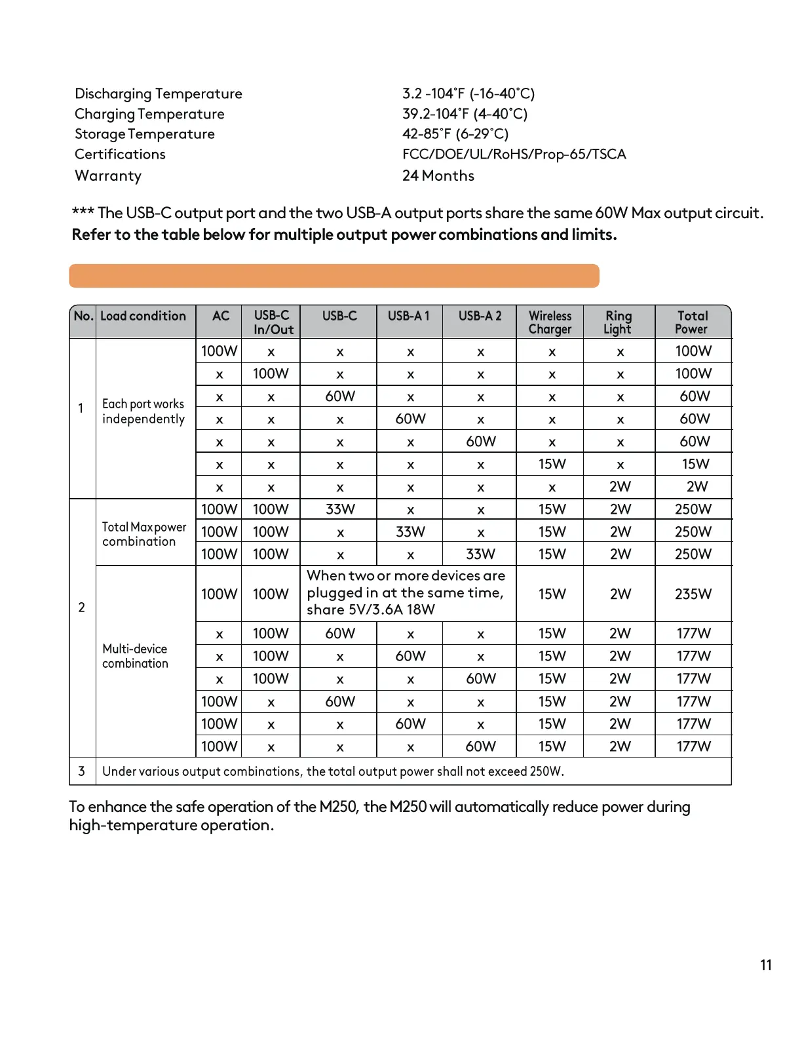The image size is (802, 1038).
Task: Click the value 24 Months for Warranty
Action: [438, 176]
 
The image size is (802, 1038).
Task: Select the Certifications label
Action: [120, 155]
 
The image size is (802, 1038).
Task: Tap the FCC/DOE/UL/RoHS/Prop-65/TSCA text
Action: [514, 155]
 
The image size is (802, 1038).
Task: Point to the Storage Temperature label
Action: [144, 134]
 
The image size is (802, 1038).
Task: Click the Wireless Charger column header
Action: [550, 322]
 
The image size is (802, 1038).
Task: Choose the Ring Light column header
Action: [618, 322]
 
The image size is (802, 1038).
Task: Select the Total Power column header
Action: [692, 322]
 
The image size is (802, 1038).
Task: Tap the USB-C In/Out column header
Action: [273, 322]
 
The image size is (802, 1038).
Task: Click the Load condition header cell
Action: [143, 316]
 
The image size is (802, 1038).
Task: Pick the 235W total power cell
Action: [693, 594]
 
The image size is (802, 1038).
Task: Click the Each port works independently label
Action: [143, 412]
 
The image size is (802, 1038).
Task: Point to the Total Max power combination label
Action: [144, 534]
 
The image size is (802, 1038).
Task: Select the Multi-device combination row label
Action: [135, 656]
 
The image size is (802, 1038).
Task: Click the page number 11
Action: [766, 965]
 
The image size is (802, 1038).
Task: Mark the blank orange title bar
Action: [334, 276]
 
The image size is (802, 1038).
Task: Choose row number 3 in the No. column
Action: [81, 771]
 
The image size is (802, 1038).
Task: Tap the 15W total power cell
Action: [695, 465]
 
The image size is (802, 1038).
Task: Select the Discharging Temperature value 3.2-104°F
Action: [468, 94]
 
